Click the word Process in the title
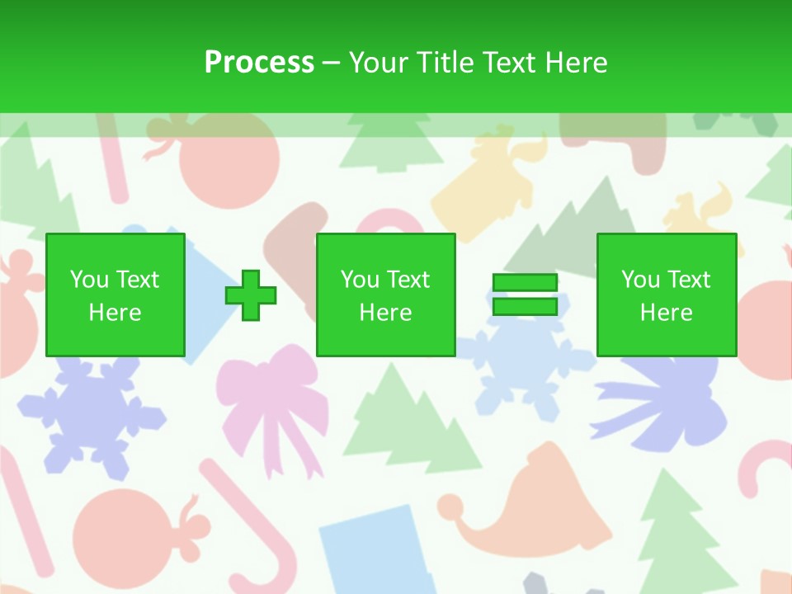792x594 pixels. [x=259, y=63]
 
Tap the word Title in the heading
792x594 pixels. [x=446, y=63]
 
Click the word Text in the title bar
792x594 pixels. [x=507, y=63]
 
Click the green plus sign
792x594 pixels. [x=251, y=295]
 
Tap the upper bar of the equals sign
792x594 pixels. [x=525, y=283]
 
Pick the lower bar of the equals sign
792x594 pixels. [x=525, y=307]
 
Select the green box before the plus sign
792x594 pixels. [x=115, y=295]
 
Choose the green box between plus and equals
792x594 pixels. [x=386, y=295]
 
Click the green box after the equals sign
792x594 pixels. [x=667, y=295]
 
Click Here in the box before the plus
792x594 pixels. [x=115, y=312]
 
